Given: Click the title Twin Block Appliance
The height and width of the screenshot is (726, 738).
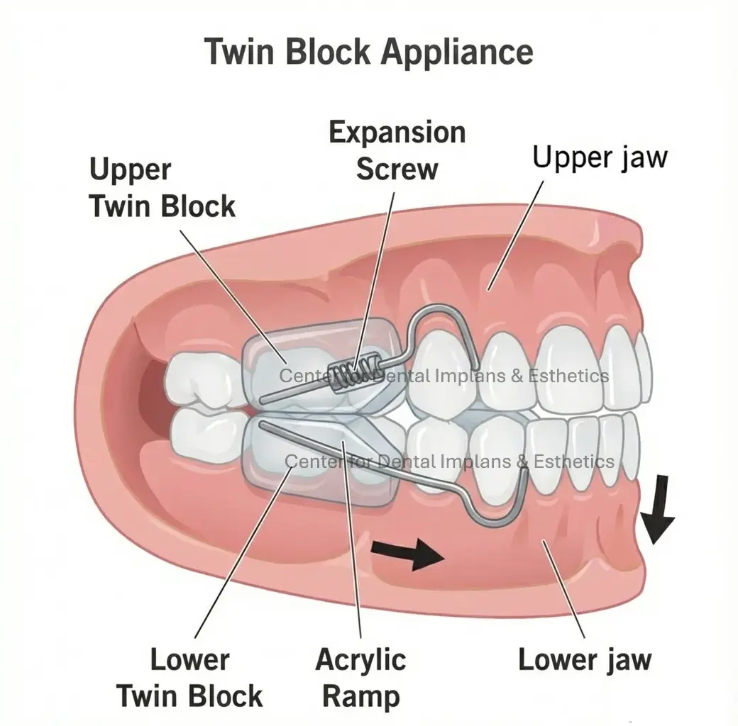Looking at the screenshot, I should click(x=368, y=52).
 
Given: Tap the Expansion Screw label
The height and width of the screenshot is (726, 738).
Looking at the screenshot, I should click(x=397, y=150).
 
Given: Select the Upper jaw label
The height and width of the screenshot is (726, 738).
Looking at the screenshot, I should click(x=600, y=157).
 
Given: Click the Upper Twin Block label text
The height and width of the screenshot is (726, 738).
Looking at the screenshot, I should click(x=162, y=188).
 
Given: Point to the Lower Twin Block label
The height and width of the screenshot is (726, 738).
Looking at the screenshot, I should click(x=189, y=677).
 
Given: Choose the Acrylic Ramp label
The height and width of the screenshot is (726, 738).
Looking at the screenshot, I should click(x=360, y=677).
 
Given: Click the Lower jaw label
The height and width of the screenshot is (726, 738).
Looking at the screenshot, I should click(x=584, y=659).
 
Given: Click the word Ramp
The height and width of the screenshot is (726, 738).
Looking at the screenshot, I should click(x=360, y=696).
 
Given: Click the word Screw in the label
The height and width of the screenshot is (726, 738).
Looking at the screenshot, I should click(x=397, y=169).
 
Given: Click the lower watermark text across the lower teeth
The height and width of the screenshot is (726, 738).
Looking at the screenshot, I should click(x=449, y=462).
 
